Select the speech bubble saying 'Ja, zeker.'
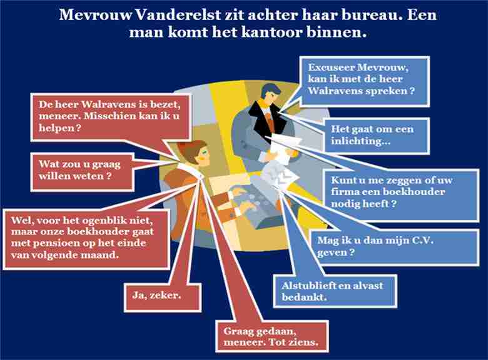[x=163, y=297]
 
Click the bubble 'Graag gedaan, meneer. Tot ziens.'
[x=272, y=336]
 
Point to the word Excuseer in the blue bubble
[x=330, y=67]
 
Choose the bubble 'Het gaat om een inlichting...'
[x=376, y=136]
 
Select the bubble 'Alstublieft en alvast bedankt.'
[x=335, y=291]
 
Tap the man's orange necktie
[x=270, y=122]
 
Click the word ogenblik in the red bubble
[x=106, y=221]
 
